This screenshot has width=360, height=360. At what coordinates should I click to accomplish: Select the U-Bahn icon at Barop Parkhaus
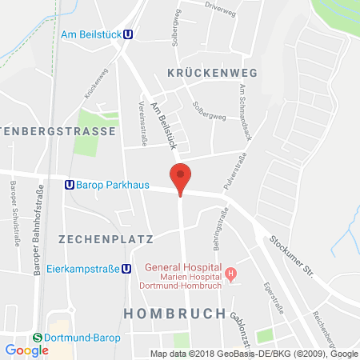tap(70, 184)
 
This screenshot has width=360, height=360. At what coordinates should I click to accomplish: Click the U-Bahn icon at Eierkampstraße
tap(126, 269)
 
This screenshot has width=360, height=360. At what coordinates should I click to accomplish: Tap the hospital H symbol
tap(231, 274)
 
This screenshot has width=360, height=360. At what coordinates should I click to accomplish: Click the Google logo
tap(26, 350)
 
